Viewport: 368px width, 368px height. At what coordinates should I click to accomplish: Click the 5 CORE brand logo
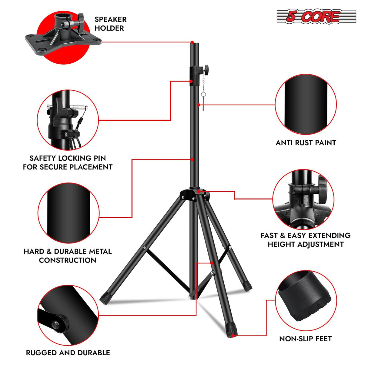tap(316, 16)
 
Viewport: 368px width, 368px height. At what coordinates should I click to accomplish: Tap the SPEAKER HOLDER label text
tap(110, 24)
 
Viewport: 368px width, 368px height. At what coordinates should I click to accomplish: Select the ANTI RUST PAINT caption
tap(306, 143)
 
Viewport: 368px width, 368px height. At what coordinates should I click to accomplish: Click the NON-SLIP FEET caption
tap(305, 339)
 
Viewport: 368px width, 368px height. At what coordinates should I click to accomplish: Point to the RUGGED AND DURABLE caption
tap(68, 353)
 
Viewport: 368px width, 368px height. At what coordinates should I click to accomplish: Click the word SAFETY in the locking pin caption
tap(43, 158)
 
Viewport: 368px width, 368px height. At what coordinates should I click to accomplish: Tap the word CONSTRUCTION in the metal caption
tap(68, 260)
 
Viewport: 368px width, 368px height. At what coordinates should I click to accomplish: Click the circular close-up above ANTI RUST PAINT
tap(306, 105)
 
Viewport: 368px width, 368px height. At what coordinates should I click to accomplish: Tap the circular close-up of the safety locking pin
tap(68, 120)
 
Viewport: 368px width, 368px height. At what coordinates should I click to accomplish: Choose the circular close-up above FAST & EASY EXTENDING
tap(303, 199)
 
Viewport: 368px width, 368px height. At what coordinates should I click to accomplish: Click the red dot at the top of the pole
tap(192, 42)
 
